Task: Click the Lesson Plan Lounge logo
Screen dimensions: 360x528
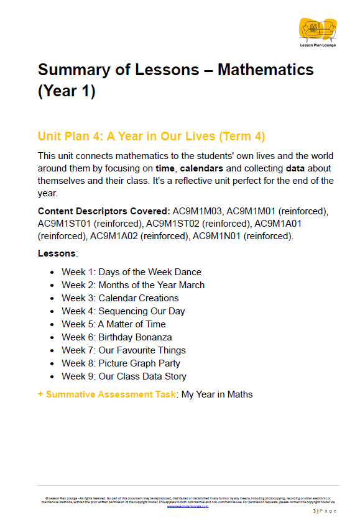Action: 318,33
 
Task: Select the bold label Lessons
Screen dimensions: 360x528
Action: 57,253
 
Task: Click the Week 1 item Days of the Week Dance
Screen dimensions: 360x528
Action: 131,272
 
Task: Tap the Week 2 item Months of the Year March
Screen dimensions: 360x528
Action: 133,285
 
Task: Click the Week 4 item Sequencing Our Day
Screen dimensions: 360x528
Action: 123,311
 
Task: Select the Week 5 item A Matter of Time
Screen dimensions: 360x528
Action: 114,324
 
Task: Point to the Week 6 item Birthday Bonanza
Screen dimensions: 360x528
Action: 117,337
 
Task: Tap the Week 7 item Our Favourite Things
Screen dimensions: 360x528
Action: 124,350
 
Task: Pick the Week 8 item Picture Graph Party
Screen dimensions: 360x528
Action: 121,363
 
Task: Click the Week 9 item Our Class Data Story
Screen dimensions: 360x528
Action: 124,376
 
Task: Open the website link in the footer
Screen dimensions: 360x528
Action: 188,506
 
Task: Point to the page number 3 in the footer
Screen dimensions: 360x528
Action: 314,511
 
